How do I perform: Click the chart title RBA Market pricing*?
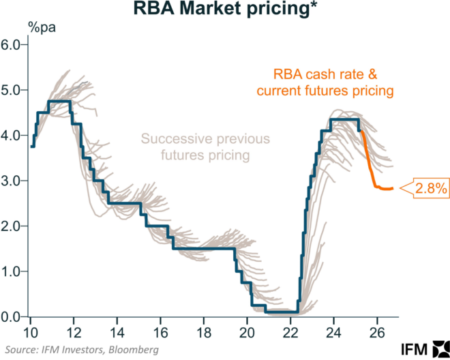click(226, 10)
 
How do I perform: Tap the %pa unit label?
click(42, 29)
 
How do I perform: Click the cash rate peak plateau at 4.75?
click(59, 101)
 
